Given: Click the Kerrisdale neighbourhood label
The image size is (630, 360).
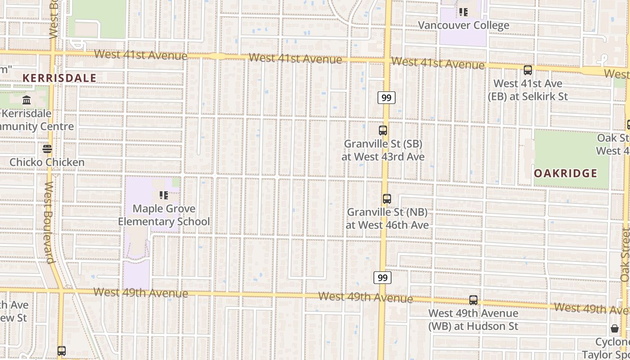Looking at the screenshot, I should [x=59, y=78].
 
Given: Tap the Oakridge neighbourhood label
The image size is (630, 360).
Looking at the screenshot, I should [x=566, y=173].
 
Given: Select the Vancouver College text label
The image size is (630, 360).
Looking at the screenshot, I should [x=463, y=25].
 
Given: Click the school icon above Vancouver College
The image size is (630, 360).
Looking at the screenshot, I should [x=463, y=12].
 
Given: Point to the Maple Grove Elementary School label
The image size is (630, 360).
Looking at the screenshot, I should [x=164, y=215].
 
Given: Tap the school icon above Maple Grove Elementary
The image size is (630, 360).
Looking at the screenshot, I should [x=164, y=195].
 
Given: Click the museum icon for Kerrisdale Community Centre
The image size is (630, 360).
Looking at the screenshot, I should [x=27, y=100].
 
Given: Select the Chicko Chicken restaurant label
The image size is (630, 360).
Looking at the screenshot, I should [x=47, y=162].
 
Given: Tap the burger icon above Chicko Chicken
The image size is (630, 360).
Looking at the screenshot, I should [x=47, y=148].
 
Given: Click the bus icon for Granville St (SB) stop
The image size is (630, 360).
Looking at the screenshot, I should [x=383, y=130].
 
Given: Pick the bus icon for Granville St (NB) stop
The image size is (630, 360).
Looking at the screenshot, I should [x=387, y=198].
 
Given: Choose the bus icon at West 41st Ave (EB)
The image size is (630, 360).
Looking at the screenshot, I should [x=528, y=70].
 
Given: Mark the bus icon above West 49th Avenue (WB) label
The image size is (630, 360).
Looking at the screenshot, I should [x=473, y=300].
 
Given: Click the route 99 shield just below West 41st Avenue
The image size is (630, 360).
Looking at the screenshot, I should [x=386, y=98].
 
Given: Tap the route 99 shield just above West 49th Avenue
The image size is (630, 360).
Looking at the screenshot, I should [x=382, y=278].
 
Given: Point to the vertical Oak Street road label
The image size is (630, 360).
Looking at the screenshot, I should [x=625, y=255].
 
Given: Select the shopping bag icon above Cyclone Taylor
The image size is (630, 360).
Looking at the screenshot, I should [x=615, y=328].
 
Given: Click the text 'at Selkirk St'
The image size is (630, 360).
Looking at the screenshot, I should [x=528, y=96].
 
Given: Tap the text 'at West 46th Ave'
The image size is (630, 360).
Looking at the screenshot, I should [x=387, y=225].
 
